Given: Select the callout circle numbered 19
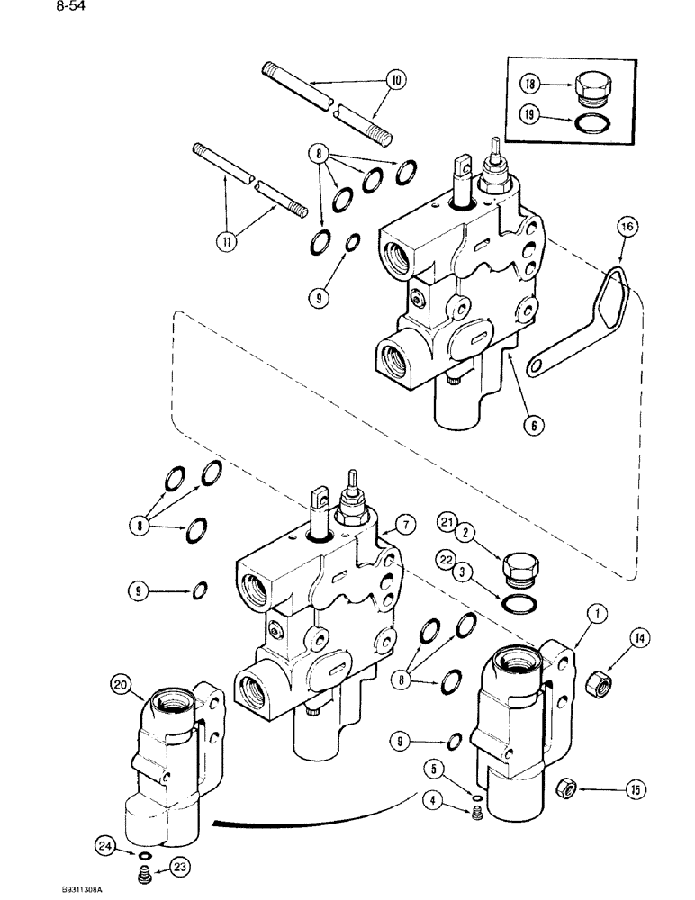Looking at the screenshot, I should [x=530, y=115].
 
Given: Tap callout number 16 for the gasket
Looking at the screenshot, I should [x=627, y=229].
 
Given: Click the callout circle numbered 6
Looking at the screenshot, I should [x=535, y=427].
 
